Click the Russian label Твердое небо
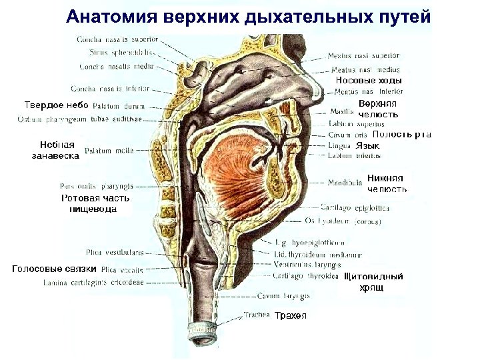click(x=56, y=105)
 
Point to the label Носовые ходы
click(x=369, y=81)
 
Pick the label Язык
click(x=367, y=145)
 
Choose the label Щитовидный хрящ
click(x=373, y=281)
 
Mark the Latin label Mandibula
click(x=345, y=181)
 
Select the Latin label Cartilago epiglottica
click(x=355, y=207)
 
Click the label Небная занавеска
click(x=56, y=150)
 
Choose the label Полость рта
click(x=402, y=134)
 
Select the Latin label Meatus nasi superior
click(x=364, y=56)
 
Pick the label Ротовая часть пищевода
click(x=95, y=203)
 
